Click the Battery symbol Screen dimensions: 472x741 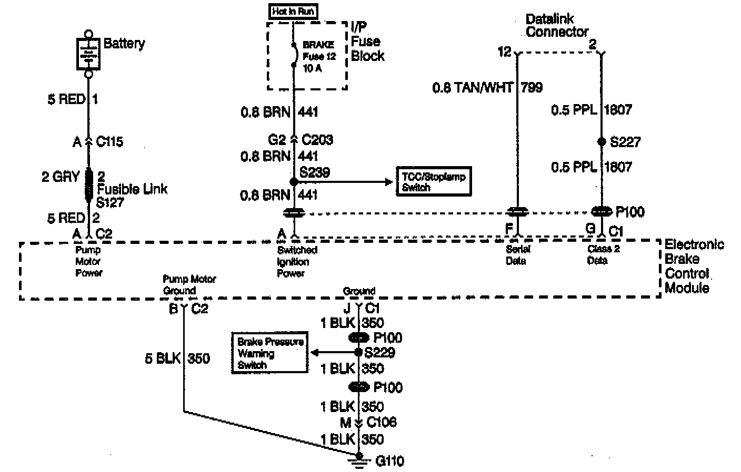(x=88, y=53)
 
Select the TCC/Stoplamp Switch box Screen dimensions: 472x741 (x=433, y=182)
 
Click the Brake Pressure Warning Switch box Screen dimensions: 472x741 (x=270, y=353)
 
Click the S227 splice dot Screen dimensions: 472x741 (x=602, y=142)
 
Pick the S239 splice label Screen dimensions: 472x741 (x=315, y=172)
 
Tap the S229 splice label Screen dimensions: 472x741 (x=379, y=353)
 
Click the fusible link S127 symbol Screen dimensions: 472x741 (x=88, y=184)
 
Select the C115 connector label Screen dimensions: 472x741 (x=109, y=142)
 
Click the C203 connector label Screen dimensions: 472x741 (x=317, y=140)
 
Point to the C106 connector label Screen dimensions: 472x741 (x=382, y=422)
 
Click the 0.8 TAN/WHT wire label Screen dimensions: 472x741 (x=472, y=87)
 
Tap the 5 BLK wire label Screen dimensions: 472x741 (x=163, y=358)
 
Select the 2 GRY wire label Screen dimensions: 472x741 (x=61, y=177)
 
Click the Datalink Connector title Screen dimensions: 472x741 (x=557, y=26)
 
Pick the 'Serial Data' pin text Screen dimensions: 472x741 (x=517, y=255)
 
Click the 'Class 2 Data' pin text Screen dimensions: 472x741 (x=603, y=254)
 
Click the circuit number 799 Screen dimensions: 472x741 (x=532, y=87)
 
